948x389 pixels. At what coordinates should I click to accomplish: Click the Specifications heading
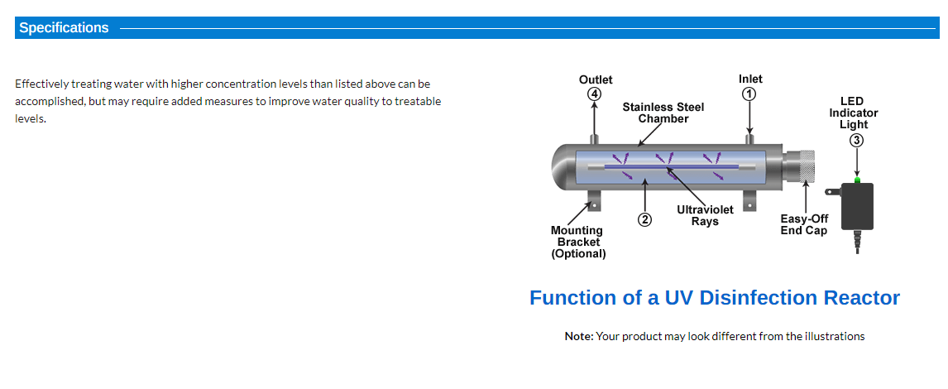64,28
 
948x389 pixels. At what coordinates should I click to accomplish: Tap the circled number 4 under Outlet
595,94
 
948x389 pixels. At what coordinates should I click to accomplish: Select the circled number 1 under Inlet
749,94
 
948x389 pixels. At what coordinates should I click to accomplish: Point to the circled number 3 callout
856,141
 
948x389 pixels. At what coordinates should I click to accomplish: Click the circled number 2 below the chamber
645,219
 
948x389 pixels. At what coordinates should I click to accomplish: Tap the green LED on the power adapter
857,180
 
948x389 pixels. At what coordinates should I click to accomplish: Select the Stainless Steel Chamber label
663,113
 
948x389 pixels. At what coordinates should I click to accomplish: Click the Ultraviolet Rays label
705,215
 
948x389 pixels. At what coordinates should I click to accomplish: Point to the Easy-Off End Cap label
804,224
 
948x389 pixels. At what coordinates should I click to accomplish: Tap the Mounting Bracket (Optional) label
578,242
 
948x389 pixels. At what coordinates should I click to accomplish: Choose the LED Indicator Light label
854,113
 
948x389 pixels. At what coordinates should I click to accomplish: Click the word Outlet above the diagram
596,79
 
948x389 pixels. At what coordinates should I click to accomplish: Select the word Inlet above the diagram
750,79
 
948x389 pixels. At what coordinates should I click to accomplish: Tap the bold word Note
579,336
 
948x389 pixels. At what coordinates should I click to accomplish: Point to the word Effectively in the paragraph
41,84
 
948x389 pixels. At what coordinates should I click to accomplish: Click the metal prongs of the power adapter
833,192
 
